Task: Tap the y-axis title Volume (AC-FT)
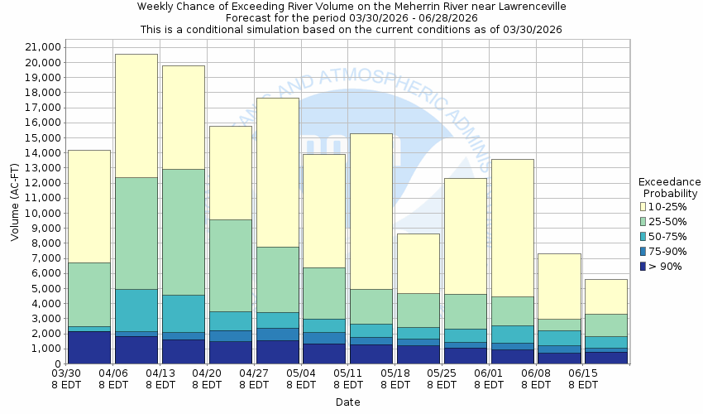[x=14, y=198]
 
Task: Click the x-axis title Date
[x=347, y=402]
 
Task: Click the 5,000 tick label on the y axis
[x=41, y=288]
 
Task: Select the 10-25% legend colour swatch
[x=643, y=206]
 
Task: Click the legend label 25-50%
[x=666, y=221]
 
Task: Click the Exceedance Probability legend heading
[x=670, y=187]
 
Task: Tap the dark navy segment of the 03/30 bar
[x=89, y=348]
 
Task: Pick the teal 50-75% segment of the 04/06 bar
[x=136, y=310]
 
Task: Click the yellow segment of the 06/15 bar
[x=607, y=296]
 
